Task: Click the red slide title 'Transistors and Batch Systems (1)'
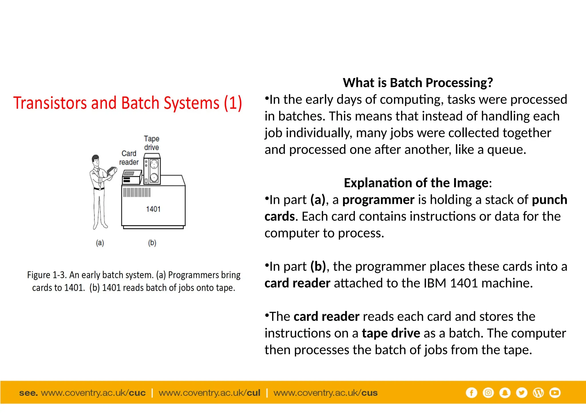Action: point(128,103)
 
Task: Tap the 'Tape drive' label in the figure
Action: point(152,143)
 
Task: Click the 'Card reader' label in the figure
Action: point(129,158)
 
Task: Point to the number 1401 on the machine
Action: point(153,209)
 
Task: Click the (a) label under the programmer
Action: point(100,243)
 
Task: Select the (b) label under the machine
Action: point(152,243)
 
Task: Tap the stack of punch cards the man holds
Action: point(112,172)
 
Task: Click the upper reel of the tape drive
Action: point(154,164)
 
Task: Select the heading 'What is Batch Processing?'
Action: point(418,83)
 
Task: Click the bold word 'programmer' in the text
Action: point(378,200)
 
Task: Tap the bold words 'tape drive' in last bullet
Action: point(391,333)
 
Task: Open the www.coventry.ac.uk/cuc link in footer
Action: point(93,393)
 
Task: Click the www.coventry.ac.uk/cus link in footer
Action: point(325,393)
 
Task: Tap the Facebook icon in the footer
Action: point(471,393)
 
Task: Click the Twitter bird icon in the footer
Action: point(521,393)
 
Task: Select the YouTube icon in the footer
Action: point(555,393)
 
